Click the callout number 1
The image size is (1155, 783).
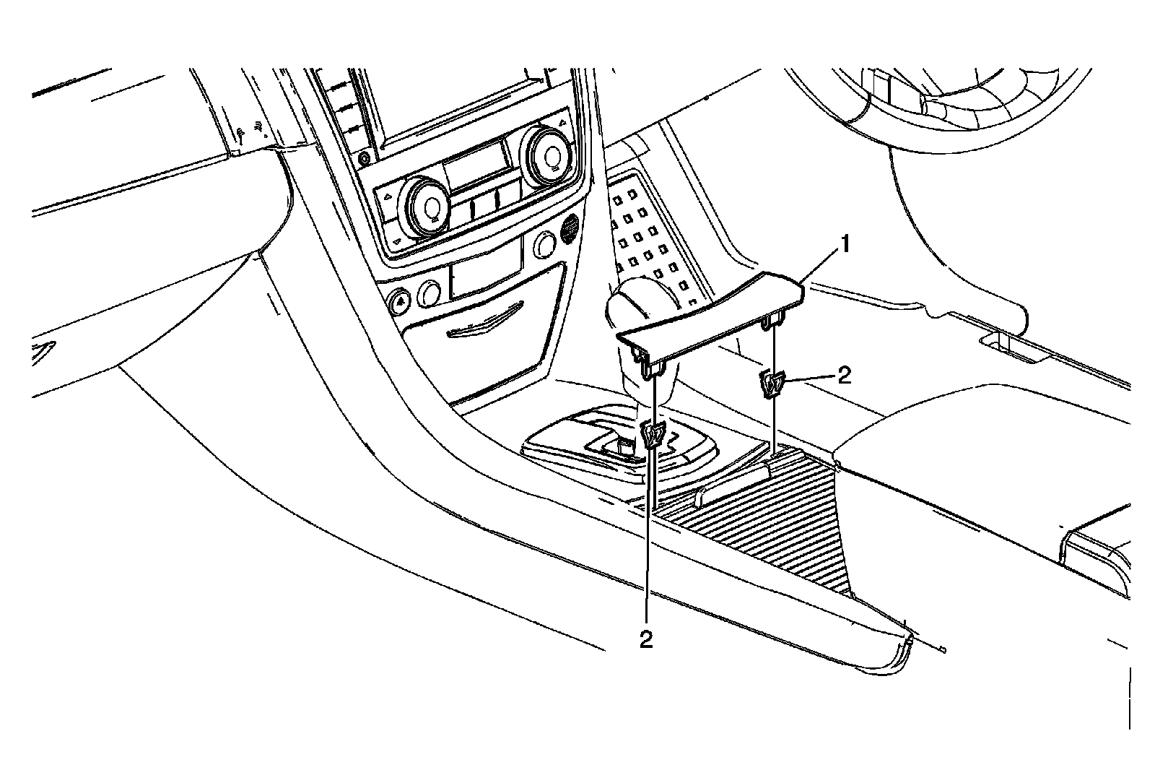(x=841, y=248)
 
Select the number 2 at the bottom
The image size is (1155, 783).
(x=646, y=639)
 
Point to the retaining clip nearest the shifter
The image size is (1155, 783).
(x=654, y=435)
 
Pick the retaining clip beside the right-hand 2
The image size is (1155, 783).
(x=772, y=383)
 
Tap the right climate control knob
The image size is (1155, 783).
(x=550, y=154)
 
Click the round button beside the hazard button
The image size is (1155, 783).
(x=430, y=293)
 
